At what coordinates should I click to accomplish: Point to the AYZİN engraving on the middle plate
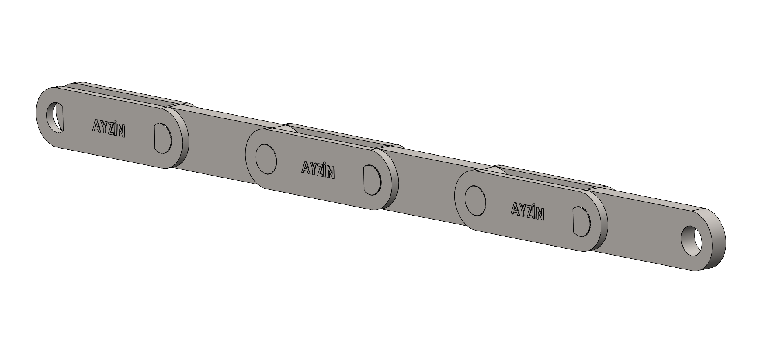318,169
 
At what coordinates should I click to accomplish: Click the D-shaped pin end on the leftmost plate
163,138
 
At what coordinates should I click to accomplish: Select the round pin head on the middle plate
265,159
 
